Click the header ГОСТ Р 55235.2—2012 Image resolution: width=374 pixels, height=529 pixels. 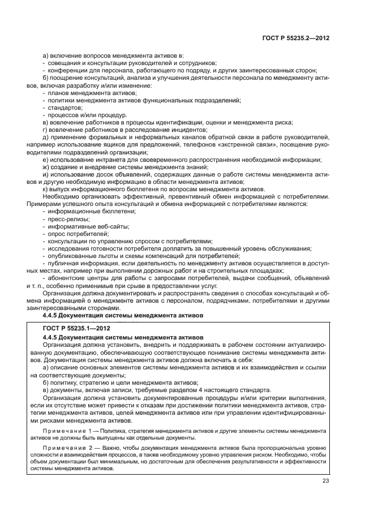pyautogui.click(x=296, y=38)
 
